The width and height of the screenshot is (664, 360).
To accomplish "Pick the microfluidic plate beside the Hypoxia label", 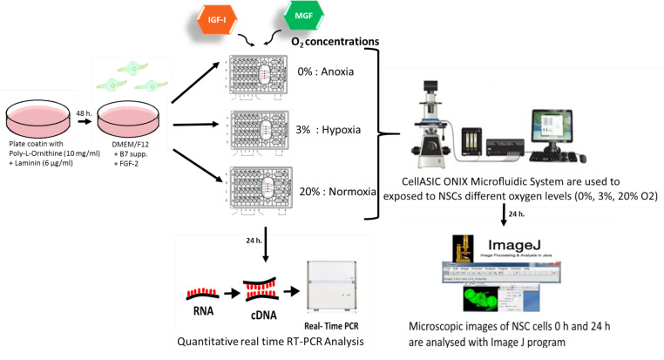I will click(262, 133).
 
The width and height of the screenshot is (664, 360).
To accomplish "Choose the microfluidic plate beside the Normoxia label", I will click(262, 194).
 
